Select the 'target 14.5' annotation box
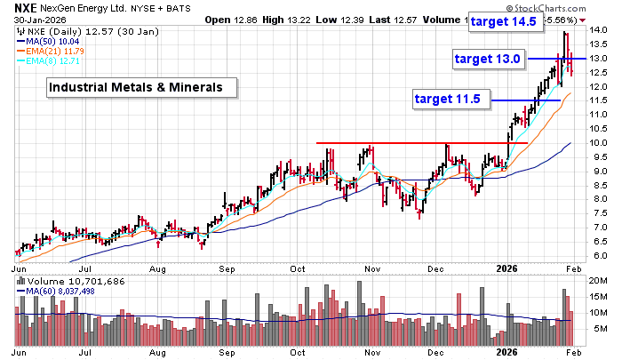coord(505,22)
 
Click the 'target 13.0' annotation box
coord(487,59)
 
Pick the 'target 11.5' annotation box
coord(448,99)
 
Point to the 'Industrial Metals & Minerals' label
coord(141,87)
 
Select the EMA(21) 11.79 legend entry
coord(57,52)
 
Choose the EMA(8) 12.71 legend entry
coord(55,62)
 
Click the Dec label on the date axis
coord(435,267)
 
